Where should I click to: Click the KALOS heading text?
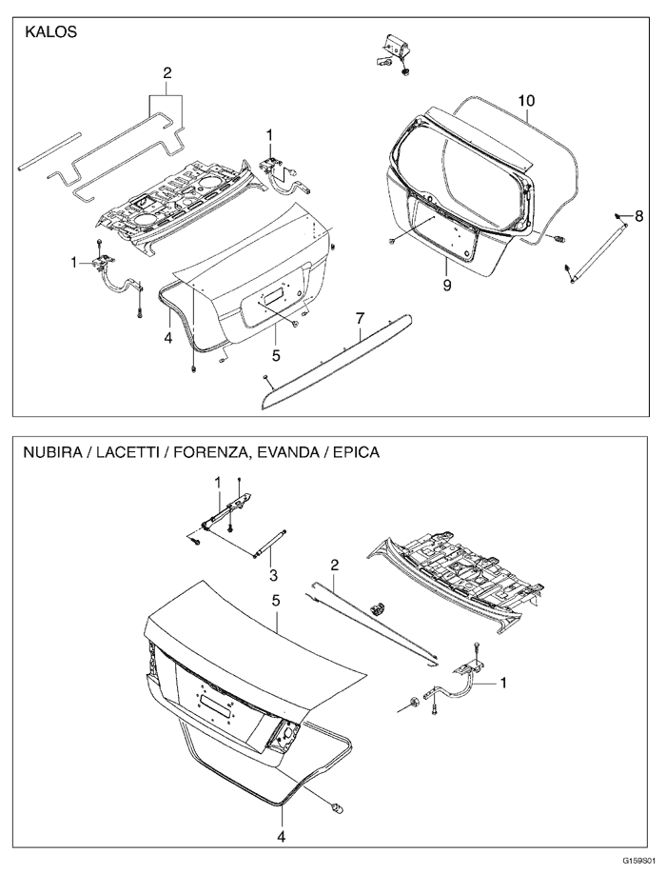coord(49,30)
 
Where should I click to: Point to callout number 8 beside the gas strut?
coord(639,216)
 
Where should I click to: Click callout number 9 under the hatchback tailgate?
coord(446,284)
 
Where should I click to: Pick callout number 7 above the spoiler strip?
coord(361,316)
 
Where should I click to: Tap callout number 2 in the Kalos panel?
coord(167,73)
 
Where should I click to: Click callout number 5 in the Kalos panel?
coord(275,355)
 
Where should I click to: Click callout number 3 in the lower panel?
coord(272,575)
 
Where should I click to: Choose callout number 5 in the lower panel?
coord(275,602)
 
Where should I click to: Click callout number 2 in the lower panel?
coord(335,566)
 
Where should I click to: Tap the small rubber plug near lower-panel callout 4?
coord(336,807)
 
